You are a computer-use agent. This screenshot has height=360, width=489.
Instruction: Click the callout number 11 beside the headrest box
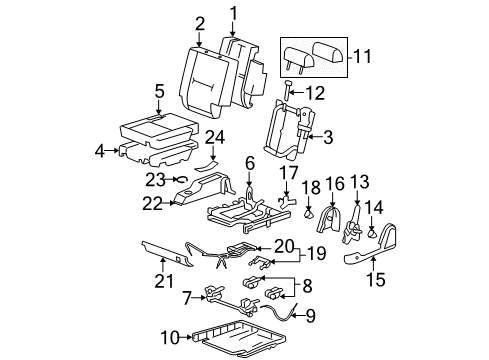point(362,56)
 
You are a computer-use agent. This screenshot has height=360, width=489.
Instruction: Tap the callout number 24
point(215,138)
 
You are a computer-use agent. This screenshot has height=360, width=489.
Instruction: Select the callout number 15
point(376,279)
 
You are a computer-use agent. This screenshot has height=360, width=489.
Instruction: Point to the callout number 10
point(170,338)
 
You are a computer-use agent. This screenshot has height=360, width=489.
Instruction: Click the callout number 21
point(164,281)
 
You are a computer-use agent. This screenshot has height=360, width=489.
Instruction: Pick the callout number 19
point(316,254)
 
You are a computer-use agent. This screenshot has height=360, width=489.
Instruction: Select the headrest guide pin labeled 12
point(287,90)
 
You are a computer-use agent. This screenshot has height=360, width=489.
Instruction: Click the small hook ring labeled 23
point(182,180)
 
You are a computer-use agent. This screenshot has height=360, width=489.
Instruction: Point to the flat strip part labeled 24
point(207,165)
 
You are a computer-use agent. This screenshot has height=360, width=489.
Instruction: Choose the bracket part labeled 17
point(286,202)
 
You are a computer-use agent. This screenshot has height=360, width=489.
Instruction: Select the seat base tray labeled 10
point(239,337)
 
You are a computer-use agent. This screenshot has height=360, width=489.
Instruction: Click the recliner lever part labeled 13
point(352,226)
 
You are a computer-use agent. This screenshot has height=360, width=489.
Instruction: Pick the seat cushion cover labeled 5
point(159,128)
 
